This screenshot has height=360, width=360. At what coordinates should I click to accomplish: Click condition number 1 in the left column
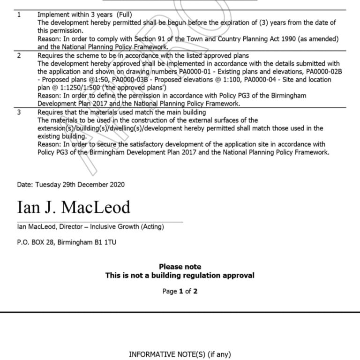[19, 15]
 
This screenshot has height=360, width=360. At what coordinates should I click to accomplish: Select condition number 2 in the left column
[19, 55]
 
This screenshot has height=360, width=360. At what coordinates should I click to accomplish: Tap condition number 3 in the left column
[19, 112]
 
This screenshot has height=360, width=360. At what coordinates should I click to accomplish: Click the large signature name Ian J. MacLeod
[74, 207]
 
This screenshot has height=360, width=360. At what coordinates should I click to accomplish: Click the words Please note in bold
[180, 267]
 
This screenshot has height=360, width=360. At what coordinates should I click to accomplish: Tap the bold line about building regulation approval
[180, 276]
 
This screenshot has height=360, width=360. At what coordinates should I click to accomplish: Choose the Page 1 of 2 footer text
[180, 291]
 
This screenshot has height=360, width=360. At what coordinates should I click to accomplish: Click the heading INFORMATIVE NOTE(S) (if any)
[180, 354]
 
